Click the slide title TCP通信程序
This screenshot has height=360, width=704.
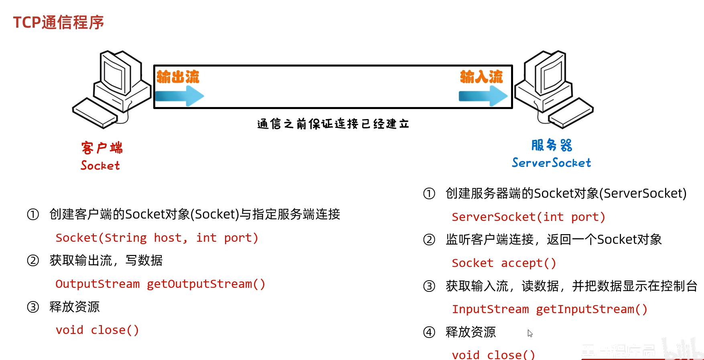(x=59, y=22)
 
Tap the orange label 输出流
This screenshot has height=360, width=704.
(x=178, y=77)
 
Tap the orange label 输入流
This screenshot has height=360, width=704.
(x=481, y=77)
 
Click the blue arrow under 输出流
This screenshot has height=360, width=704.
(x=179, y=96)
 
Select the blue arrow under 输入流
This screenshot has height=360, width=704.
(x=483, y=96)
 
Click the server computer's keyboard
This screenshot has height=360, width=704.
(x=570, y=113)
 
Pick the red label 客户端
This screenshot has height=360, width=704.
(x=102, y=148)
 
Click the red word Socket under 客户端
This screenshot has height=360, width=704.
(x=100, y=166)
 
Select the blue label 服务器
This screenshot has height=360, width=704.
(x=552, y=145)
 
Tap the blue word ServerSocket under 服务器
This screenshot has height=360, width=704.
(x=551, y=163)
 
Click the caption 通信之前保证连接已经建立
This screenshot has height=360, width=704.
(x=333, y=124)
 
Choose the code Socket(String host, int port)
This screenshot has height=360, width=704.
(x=157, y=238)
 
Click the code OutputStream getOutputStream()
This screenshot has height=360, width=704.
(x=160, y=284)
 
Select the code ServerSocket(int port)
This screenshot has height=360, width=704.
(x=528, y=217)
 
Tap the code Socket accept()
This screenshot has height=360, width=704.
(x=504, y=263)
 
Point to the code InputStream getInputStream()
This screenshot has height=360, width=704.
(x=550, y=309)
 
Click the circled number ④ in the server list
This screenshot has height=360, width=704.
(x=429, y=332)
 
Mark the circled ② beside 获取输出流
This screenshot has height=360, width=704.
(x=33, y=261)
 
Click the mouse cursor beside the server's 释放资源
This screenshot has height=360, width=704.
(x=530, y=333)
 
